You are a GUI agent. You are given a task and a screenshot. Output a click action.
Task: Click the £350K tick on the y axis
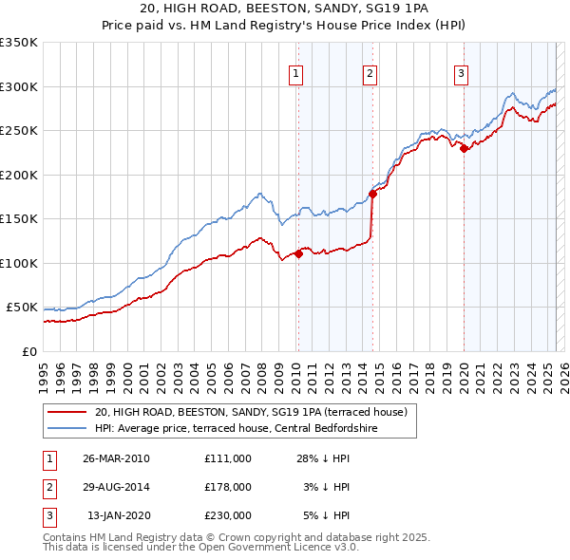pyautogui.click(x=19, y=43)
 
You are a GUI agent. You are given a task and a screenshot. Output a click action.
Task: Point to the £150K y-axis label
pyautogui.click(x=19, y=219)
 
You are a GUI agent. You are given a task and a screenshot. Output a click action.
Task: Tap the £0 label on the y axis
pyautogui.click(x=28, y=352)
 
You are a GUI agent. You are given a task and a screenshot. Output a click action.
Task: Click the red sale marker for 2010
pyautogui.click(x=298, y=253)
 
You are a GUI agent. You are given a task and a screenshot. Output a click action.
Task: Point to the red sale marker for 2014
pyautogui.click(x=372, y=194)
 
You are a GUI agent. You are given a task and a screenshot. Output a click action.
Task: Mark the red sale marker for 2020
pyautogui.click(x=464, y=148)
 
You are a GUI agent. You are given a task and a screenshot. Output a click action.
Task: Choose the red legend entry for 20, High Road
pyautogui.click(x=251, y=412)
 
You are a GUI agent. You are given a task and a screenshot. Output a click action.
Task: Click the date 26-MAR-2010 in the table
pyautogui.click(x=116, y=457)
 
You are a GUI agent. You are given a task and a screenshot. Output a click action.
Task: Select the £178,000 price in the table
pyautogui.click(x=227, y=486)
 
